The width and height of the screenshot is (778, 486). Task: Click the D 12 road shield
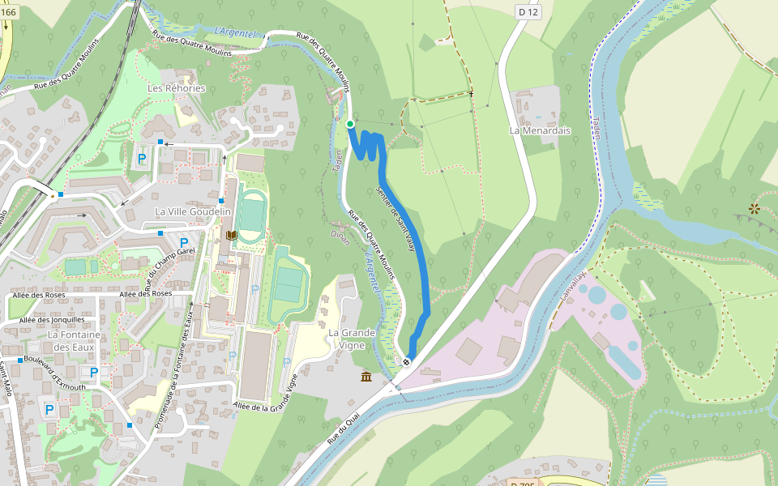pos(528,11)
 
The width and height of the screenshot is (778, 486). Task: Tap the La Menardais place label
pos(540,130)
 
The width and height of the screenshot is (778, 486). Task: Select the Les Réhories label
pos(176,87)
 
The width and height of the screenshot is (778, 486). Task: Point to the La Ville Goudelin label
pos(193,211)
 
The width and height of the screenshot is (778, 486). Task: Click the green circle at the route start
pos(349,123)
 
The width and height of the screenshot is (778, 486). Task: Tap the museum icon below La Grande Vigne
pos(367,377)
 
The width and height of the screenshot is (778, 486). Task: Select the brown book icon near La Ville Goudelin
pos(232,235)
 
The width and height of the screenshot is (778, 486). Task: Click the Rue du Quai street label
pos(342,425)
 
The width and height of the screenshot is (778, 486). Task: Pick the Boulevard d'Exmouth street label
pos(54,373)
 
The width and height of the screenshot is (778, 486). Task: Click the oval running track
pos(253,214)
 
